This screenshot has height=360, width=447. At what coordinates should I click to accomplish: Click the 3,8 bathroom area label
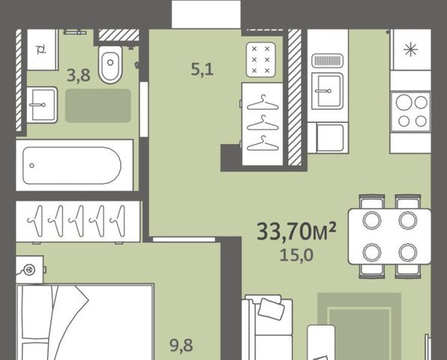(79, 76)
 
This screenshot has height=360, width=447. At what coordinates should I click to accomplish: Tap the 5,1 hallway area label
(202, 69)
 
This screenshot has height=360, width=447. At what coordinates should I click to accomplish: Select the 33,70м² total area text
(296, 232)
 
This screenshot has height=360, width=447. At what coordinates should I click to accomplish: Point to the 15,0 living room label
(296, 255)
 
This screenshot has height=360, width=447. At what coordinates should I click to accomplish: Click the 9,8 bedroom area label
(181, 346)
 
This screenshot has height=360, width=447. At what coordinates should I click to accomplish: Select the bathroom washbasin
(42, 105)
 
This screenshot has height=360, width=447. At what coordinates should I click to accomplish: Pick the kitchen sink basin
(327, 91)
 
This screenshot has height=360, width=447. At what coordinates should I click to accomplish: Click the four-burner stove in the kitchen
(410, 112)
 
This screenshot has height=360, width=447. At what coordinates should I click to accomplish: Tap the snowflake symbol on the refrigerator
(411, 50)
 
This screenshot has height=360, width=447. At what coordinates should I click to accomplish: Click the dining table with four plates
(390, 236)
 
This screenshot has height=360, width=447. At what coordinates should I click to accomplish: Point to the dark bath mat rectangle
(98, 106)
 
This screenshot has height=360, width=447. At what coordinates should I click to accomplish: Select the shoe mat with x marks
(261, 59)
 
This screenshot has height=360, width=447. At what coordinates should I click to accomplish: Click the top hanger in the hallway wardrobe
(262, 103)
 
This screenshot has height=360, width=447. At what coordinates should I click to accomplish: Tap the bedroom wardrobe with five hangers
(78, 221)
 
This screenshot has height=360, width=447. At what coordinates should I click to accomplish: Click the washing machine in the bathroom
(43, 49)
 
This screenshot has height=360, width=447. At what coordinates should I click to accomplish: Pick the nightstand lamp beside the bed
(28, 269)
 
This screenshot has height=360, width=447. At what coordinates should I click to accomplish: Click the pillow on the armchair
(271, 309)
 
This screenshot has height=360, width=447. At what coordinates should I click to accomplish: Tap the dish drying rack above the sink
(327, 61)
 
